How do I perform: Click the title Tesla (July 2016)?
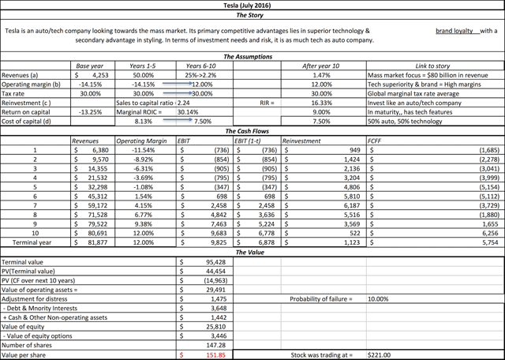pos(252,5)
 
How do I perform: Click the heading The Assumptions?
pos(252,57)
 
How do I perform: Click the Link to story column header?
pos(435,66)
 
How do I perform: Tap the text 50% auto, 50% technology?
pos(407,122)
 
